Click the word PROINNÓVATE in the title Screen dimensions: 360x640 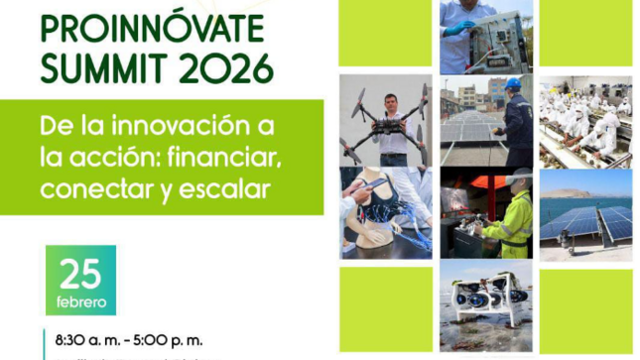153,28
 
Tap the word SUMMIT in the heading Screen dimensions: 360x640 97,68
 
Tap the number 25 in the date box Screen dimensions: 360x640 80,273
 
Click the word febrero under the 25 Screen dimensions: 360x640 80,300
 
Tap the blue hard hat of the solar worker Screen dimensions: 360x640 512,84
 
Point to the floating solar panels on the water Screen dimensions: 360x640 586,223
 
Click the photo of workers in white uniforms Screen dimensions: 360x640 585,121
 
